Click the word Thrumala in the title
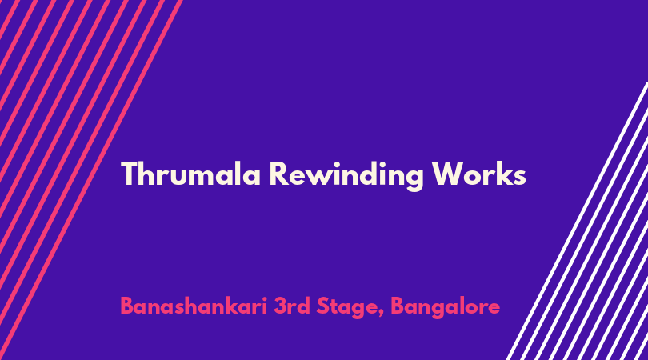point(190,174)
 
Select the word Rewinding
point(346,176)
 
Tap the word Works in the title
point(478,174)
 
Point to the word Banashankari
point(194,306)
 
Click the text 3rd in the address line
point(292,306)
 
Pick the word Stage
point(347,308)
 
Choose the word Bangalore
point(445,308)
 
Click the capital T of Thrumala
point(129,174)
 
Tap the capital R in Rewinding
point(279,174)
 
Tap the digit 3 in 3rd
point(280,306)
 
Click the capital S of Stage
point(323,306)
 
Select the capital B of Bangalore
point(397,306)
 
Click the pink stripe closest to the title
point(91,180)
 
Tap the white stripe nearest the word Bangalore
point(577,221)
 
